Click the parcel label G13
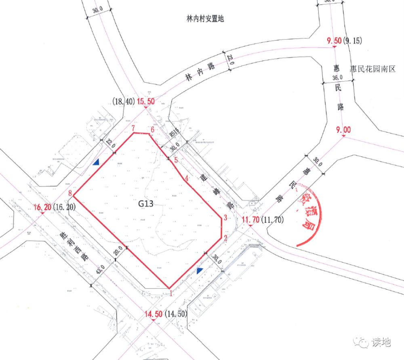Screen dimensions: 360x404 146,204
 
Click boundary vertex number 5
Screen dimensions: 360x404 176,160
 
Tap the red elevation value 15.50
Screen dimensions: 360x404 146,102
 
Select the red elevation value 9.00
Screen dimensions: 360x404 343,130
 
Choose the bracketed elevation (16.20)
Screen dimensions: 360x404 64,207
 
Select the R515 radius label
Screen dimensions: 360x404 174,132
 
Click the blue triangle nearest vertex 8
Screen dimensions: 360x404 96,162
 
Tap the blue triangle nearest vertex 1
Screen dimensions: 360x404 199,271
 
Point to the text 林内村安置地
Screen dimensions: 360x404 204,19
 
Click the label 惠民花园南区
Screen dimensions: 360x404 372,69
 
